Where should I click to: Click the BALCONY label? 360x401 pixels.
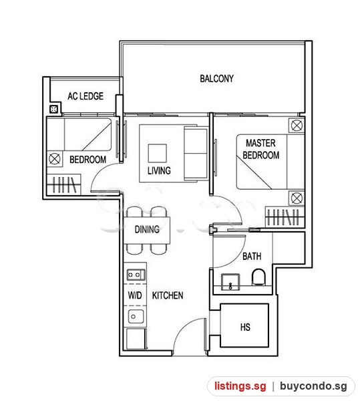pyautogui.click(x=216, y=78)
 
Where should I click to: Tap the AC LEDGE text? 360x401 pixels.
pyautogui.click(x=85, y=96)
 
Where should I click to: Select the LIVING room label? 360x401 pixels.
pyautogui.click(x=159, y=170)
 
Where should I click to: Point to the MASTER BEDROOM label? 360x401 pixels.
pyautogui.click(x=261, y=149)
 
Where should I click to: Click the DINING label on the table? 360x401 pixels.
pyautogui.click(x=147, y=229)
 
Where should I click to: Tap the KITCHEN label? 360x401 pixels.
pyautogui.click(x=168, y=295)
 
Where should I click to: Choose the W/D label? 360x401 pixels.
pyautogui.click(x=135, y=295)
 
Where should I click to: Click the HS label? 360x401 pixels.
pyautogui.click(x=245, y=327)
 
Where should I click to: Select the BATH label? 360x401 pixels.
pyautogui.click(x=252, y=256)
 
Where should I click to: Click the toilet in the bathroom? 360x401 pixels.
pyautogui.click(x=258, y=277)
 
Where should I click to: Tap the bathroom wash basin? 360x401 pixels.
pyautogui.click(x=230, y=282)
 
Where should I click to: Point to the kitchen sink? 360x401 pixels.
pyautogui.click(x=136, y=317)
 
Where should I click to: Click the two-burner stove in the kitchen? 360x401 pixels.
pyautogui.click(x=136, y=275)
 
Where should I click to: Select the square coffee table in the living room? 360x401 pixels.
pyautogui.click(x=158, y=153)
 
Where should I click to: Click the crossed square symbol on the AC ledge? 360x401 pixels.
pyautogui.click(x=53, y=110)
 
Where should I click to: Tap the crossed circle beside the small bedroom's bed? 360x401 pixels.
pyautogui.click(x=54, y=159)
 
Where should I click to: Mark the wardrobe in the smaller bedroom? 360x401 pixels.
pyautogui.click(x=64, y=184)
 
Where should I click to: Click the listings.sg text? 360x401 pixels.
pyautogui.click(x=240, y=386)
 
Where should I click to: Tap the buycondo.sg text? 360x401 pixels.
pyautogui.click(x=313, y=386)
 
